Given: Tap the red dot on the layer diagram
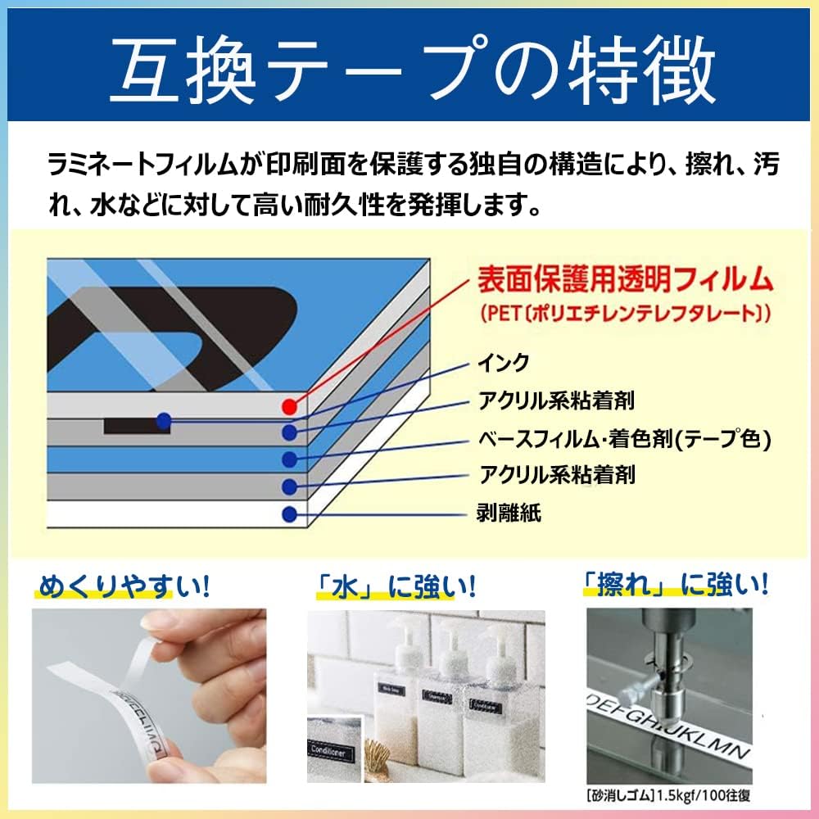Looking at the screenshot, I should [288, 406].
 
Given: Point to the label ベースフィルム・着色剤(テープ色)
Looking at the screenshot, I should [625, 439].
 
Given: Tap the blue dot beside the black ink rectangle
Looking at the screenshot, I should [164, 421].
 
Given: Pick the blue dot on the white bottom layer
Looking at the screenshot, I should [288, 514].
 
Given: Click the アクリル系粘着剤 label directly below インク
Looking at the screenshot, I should [556, 400].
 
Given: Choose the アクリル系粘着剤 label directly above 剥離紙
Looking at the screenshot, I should [556, 475].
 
